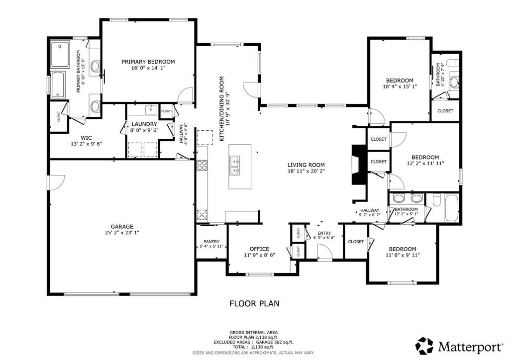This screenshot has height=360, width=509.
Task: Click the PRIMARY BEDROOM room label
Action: click(x=148, y=62)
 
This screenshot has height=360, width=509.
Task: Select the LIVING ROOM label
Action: click(x=305, y=165)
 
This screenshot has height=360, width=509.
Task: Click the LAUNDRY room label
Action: click(x=144, y=124)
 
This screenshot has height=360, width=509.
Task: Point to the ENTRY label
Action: click(x=324, y=233)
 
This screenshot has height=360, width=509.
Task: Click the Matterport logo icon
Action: click(x=424, y=345)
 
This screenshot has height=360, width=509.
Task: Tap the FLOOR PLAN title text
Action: click(x=254, y=303)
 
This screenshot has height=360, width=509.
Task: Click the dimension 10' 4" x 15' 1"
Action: click(x=400, y=87)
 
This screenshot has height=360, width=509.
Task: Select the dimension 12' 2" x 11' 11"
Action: click(x=425, y=163)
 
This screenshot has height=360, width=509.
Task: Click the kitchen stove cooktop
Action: click(x=202, y=166)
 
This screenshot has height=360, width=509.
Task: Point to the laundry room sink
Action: click(x=150, y=109)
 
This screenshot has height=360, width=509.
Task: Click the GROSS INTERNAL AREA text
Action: click(x=254, y=332)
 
